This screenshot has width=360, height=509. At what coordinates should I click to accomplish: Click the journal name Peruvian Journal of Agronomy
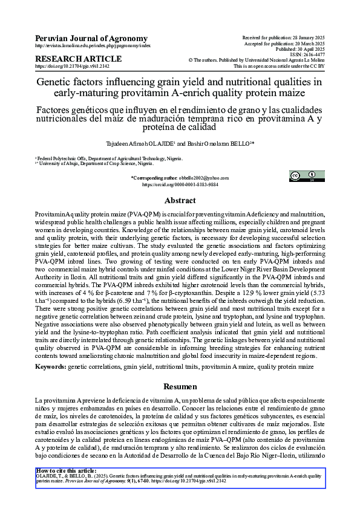pyautogui.click(x=91, y=38)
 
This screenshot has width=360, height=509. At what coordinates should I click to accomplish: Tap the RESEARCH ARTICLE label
pyautogui.click(x=79, y=59)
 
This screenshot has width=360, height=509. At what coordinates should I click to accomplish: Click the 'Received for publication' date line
pyautogui.click(x=283, y=37)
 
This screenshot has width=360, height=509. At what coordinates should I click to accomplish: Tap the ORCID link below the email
pyautogui.click(x=180, y=184)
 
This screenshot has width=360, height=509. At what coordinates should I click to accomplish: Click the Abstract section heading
pyautogui.click(x=180, y=201)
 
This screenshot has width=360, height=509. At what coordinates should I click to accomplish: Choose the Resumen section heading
pyautogui.click(x=180, y=386)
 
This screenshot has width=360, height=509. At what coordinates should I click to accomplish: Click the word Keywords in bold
pyautogui.click(x=50, y=367)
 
